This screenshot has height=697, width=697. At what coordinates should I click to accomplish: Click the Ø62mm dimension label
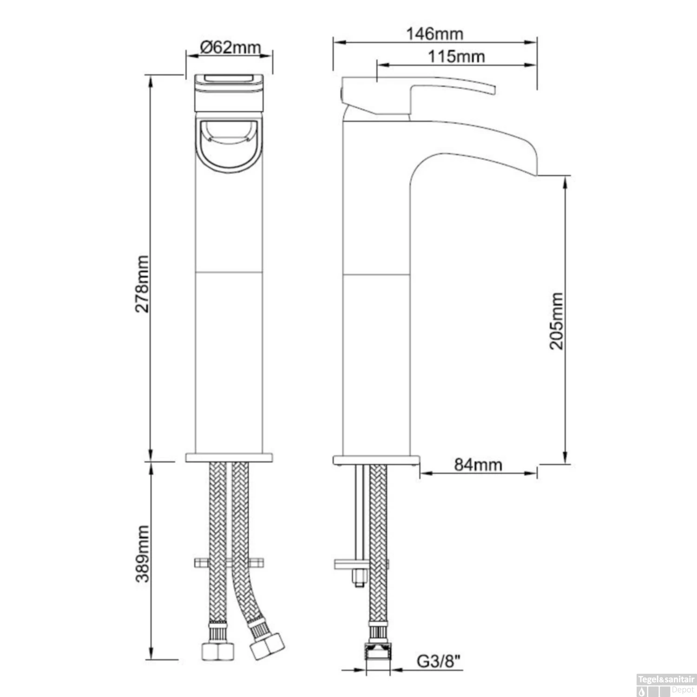coord(230,47)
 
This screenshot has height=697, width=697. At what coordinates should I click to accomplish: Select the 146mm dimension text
coord(435,33)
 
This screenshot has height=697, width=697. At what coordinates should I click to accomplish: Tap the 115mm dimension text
coord(456,57)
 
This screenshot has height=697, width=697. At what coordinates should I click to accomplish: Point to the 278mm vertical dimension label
coord(142,283)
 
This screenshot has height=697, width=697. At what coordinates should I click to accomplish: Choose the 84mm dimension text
coord(478,464)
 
